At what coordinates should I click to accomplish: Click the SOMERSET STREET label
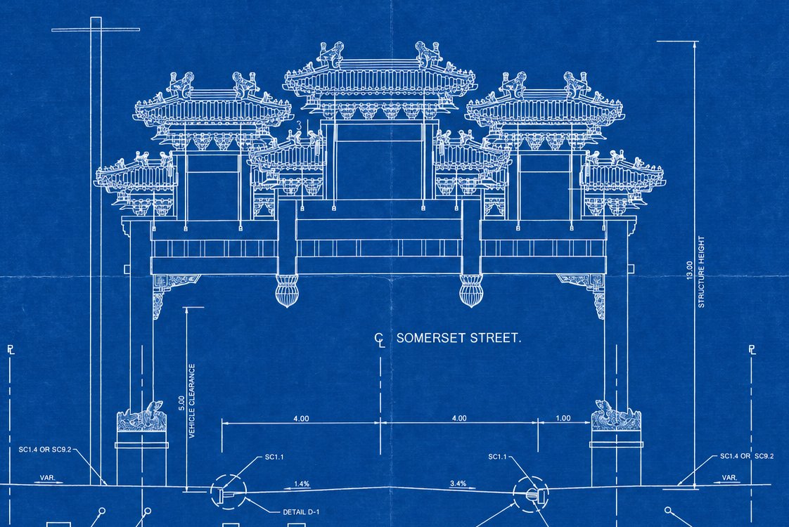coord(458,338)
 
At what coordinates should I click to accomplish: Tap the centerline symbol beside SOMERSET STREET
coord(380,340)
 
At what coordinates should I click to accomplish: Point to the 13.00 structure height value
coord(689,270)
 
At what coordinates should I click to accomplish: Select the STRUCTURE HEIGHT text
coord(701,271)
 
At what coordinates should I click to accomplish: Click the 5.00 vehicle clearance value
coord(181,403)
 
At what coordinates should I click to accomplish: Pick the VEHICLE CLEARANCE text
coord(192,401)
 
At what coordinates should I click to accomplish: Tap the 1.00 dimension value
coord(563,418)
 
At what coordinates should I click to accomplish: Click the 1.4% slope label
coord(302,483)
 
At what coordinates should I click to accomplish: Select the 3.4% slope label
coord(458,483)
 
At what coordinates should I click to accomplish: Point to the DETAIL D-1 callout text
coord(301,512)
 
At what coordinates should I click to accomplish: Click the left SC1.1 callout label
coord(274,457)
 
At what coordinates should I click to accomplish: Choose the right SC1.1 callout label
coord(498,457)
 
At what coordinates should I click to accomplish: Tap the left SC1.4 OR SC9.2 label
coord(45,450)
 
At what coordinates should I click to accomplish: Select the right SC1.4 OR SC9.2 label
coord(747,456)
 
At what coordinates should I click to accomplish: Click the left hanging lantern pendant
coord(286,291)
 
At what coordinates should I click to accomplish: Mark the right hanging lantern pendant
coord(471,291)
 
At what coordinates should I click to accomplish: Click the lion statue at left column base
coord(142,416)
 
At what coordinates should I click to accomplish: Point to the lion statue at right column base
coord(616,415)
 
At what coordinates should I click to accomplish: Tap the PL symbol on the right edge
coord(752,349)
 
